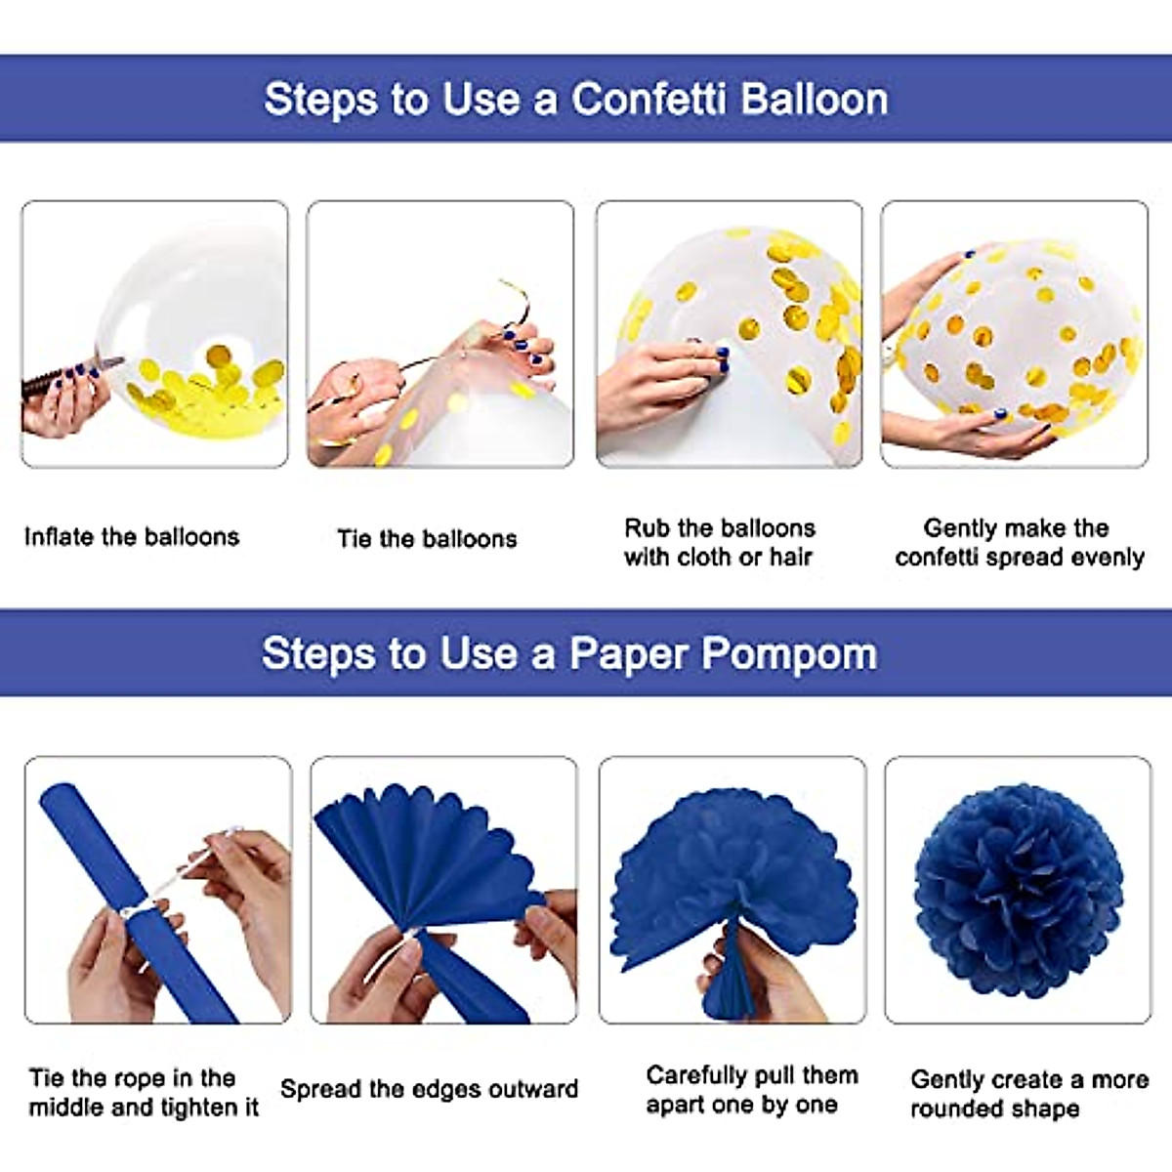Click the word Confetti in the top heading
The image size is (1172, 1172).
(x=647, y=100)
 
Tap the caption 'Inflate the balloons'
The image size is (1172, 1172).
(x=132, y=537)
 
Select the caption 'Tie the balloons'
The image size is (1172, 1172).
(x=427, y=539)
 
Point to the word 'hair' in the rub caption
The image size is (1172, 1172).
(x=790, y=558)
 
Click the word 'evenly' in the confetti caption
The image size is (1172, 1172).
(x=1107, y=558)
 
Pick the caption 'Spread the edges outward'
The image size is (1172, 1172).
(x=429, y=1089)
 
